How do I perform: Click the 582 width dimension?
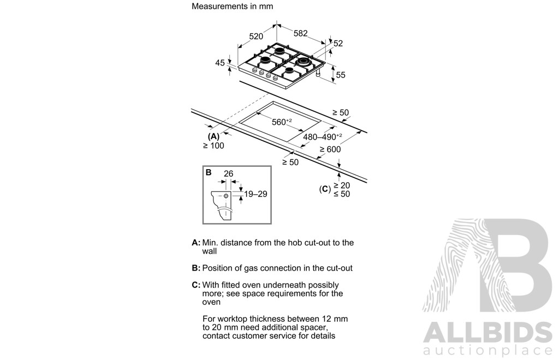click(x=301, y=33)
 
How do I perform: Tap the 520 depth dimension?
click(x=256, y=37)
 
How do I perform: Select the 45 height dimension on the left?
click(x=220, y=63)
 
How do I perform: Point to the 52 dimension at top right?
click(x=338, y=44)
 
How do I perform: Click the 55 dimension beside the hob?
click(x=341, y=75)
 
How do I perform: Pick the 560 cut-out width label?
click(x=282, y=122)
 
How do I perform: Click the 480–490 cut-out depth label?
click(x=322, y=137)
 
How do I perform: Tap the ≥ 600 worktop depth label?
click(x=330, y=149)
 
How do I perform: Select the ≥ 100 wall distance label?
click(x=213, y=146)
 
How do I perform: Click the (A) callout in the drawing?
click(x=213, y=136)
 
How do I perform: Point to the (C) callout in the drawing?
click(x=325, y=189)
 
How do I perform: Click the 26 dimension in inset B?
click(x=229, y=174)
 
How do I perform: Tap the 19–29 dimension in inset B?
click(x=255, y=194)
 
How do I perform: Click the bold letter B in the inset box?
click(x=209, y=172)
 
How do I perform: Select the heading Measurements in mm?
click(x=233, y=7)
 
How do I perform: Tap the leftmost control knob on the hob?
click(x=254, y=70)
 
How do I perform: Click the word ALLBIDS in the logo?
click(x=487, y=333)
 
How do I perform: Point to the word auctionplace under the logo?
click(x=487, y=350)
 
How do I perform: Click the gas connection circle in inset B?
click(x=226, y=196)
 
